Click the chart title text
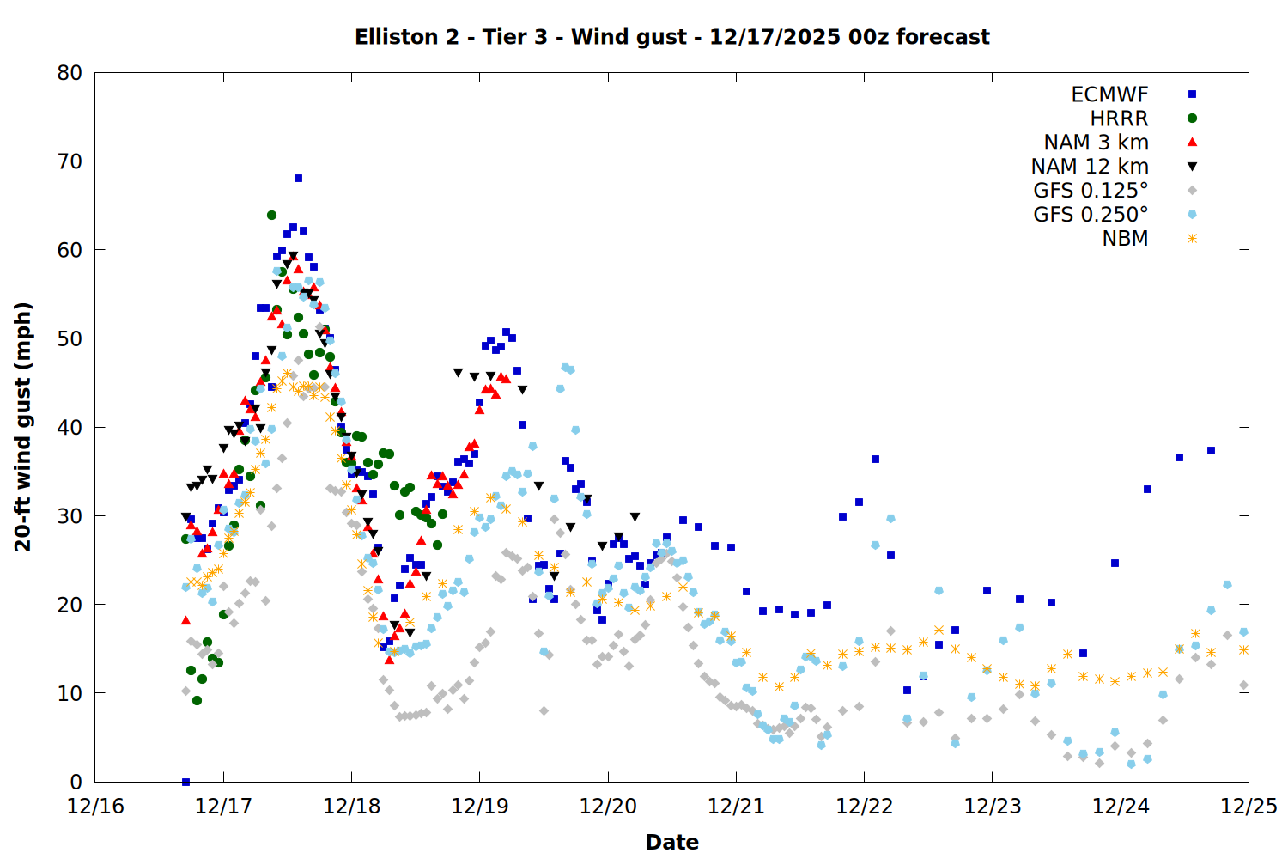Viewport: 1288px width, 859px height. coord(671,37)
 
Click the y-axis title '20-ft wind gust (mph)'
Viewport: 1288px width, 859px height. coord(23,427)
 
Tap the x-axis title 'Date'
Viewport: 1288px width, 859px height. coord(671,842)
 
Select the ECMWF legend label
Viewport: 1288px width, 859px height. coord(1109,94)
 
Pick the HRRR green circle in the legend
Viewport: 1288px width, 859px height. coord(1192,119)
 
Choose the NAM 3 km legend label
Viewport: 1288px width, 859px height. coord(1096,143)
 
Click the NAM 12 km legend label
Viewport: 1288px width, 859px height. coord(1090,167)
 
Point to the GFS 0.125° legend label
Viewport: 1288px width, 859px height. coord(1091,191)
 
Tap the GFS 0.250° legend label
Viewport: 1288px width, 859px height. coord(1091,215)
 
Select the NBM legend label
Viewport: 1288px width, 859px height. coord(1125,239)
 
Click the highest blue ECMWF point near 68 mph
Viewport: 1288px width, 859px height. coord(298,179)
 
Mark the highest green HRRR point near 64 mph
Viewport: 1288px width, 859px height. coord(271,215)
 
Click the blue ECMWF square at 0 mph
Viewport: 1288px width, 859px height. coord(185,782)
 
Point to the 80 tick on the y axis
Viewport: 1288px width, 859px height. coord(70,73)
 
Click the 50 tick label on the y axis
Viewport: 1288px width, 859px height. coord(70,338)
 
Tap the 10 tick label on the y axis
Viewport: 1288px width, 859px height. coord(70,693)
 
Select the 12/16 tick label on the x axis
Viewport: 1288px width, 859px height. coord(95,807)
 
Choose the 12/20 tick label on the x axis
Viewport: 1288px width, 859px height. coord(608,807)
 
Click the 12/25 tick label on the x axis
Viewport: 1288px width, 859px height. coord(1249,807)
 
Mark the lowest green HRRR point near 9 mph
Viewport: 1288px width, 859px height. coord(197,701)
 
